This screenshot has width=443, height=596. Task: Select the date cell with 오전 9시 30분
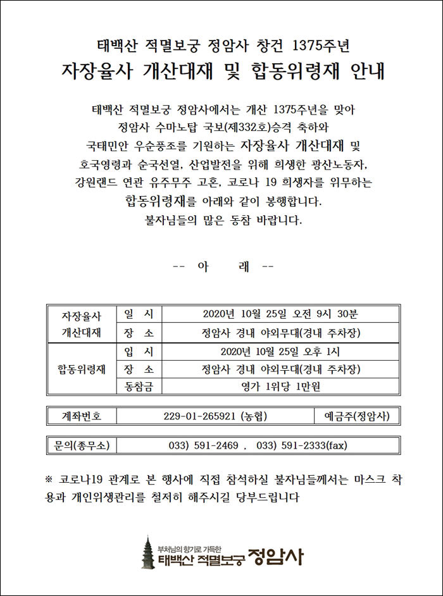pos(280,314)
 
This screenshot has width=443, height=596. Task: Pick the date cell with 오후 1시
pos(280,351)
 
